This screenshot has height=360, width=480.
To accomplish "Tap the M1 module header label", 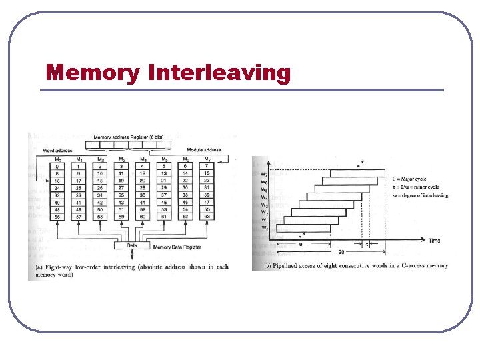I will (80, 159).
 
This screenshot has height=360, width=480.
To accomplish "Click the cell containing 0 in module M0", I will (58, 166).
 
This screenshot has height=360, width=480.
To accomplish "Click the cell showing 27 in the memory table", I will (121, 188).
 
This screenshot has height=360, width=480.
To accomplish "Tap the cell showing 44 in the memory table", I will (142, 203).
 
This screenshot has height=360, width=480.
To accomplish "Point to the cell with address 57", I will (80, 217).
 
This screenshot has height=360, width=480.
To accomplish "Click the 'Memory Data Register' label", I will (179, 247).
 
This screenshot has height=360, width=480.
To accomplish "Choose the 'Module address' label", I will (204, 150).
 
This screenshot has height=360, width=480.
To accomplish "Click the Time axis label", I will (435, 240).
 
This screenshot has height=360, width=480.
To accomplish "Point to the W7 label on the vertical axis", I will (265, 173).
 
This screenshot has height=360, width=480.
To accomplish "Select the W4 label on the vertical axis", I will (265, 197).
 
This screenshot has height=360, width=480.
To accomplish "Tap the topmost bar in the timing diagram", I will (354, 173).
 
